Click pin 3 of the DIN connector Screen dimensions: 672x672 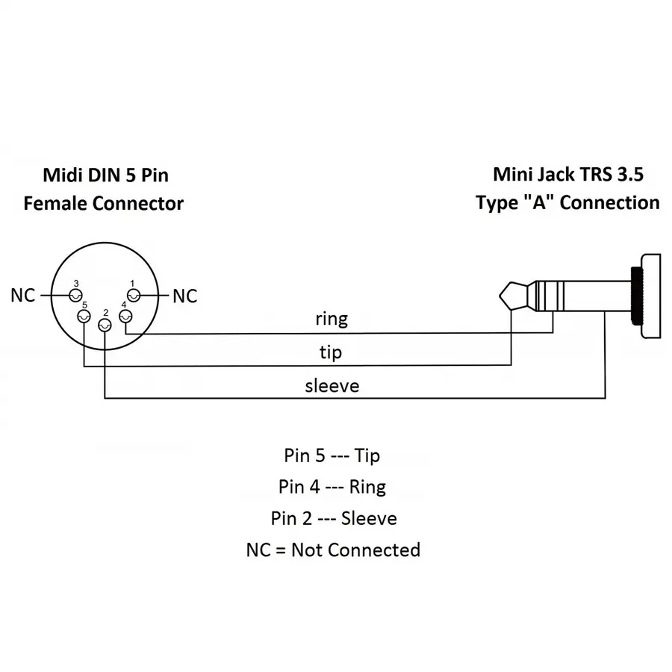tap(75, 296)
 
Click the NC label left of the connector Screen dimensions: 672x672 tap(23, 296)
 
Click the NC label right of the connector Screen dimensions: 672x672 tap(185, 296)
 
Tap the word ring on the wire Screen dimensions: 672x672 tap(332, 319)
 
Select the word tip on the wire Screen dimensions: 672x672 tap(331, 351)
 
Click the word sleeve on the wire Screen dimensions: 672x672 tap(332, 386)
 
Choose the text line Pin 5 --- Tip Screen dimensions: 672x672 tap(332, 455)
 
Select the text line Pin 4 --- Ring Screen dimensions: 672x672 tap(332, 487)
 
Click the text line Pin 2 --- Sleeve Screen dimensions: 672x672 tap(333, 518)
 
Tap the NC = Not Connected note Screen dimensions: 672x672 tap(333, 550)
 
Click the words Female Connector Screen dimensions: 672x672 tap(104, 203)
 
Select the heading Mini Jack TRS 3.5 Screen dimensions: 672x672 tap(567, 174)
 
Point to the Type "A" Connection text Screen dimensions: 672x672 tap(567, 202)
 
